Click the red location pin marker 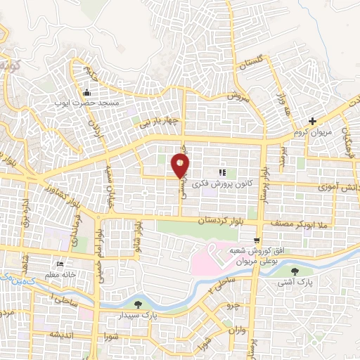[x=181, y=166]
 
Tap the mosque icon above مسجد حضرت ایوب [x=87, y=93]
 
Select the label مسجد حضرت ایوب [x=84, y=103]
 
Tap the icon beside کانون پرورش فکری [x=222, y=172]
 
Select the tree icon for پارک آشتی [x=304, y=271]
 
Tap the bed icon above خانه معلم [x=60, y=265]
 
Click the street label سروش [x=238, y=96]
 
